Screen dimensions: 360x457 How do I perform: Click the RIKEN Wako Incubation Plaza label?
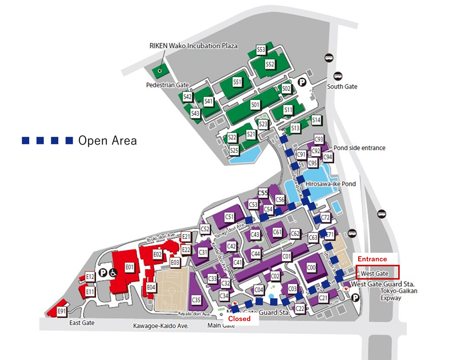pyautogui.click(x=193, y=46)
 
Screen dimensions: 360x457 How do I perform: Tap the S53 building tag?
pyautogui.click(x=261, y=50)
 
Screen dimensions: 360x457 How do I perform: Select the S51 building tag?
pyautogui.click(x=238, y=82)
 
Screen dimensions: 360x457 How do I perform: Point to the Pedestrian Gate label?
pyautogui.click(x=167, y=85)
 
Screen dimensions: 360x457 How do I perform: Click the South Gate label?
pyautogui.click(x=342, y=86)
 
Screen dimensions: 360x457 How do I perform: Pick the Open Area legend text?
pyautogui.click(x=107, y=141)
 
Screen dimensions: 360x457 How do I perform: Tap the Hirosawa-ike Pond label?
pyautogui.click(x=331, y=184)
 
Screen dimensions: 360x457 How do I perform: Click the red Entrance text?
pyautogui.click(x=372, y=259)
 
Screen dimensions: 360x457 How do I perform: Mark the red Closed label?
pyautogui.click(x=239, y=319)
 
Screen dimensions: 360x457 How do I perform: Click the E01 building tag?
pyautogui.click(x=129, y=266)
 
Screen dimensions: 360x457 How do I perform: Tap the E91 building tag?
pyautogui.click(x=62, y=311)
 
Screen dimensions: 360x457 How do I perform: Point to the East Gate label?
pyautogui.click(x=82, y=323)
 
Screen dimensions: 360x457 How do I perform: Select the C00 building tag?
pyautogui.click(x=311, y=267)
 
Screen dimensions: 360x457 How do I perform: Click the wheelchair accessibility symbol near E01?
pyautogui.click(x=113, y=273)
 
